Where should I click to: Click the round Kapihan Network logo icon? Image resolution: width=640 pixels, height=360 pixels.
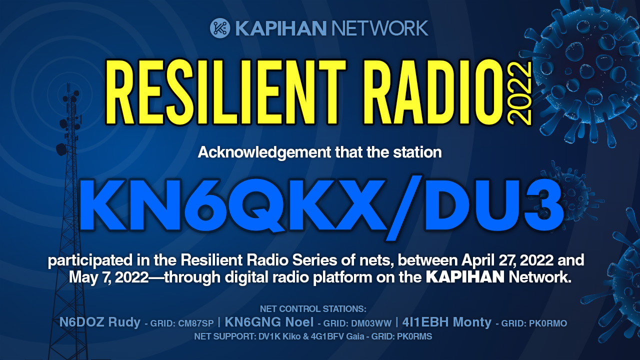click(219, 28)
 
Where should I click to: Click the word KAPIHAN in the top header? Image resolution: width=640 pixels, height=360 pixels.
click(280, 28)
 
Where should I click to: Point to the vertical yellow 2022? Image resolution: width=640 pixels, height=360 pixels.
click(519, 93)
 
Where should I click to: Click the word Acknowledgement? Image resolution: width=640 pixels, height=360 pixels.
click(264, 152)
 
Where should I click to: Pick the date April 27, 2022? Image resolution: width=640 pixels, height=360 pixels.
click(507, 260)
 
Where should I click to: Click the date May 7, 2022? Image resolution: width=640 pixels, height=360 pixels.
click(109, 277)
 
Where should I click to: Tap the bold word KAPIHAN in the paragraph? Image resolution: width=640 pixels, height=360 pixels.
click(465, 277)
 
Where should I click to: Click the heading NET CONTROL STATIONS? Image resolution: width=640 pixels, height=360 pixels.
click(313, 309)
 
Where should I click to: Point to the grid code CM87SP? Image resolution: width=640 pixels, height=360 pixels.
click(195, 323)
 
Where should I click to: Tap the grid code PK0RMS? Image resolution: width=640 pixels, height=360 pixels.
click(414, 336)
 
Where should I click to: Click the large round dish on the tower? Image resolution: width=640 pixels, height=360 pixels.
click(61, 149)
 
